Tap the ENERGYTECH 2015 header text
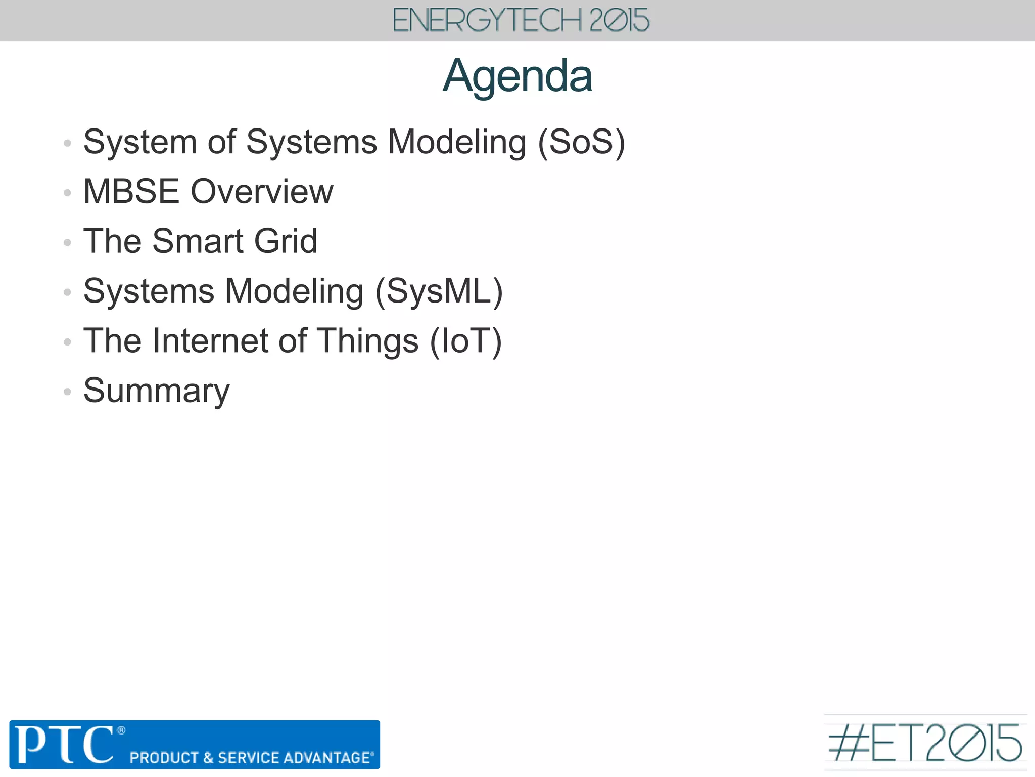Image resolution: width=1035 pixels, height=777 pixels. pos(521,21)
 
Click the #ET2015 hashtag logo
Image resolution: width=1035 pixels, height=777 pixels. pos(925,743)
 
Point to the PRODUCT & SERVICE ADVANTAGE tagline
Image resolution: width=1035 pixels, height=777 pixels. pos(252,757)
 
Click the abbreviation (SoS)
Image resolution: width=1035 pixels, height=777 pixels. pos(581,142)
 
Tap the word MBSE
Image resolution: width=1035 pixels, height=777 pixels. pos(131,192)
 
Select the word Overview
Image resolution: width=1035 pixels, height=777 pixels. pos(262,192)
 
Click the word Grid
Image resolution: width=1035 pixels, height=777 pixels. pos(286,241)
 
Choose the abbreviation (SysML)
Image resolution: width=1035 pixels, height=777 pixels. pos(439,292)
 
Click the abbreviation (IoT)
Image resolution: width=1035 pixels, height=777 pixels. pos(465,341)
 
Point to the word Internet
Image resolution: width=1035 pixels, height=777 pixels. pos(211,341)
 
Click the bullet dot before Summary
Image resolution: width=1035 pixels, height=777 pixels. pos(67,392)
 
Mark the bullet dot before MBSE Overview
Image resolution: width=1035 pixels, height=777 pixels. pos(67,193)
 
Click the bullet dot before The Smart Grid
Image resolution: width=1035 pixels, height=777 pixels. pos(67,242)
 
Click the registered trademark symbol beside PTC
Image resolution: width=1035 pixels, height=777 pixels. pos(121,730)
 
